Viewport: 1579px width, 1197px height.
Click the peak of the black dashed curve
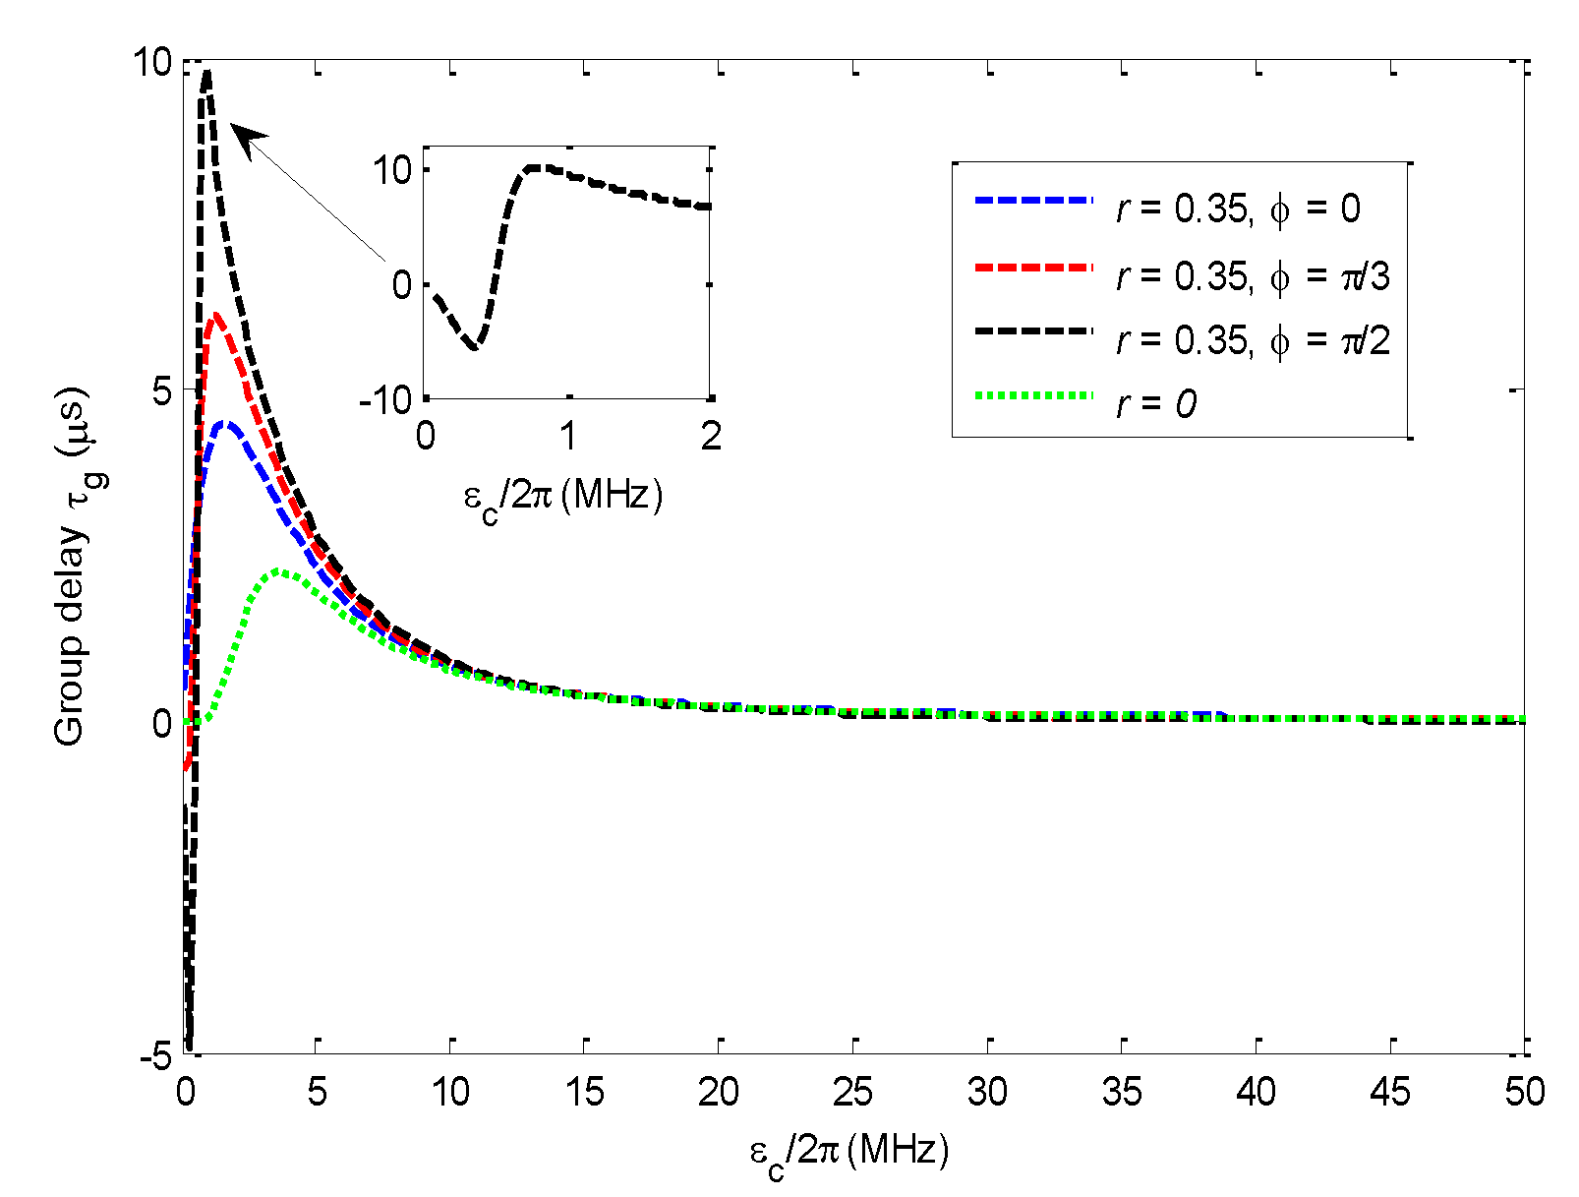[x=206, y=71]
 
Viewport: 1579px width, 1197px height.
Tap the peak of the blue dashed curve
[x=225, y=423]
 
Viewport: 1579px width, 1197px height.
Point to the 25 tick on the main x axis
[x=852, y=1092]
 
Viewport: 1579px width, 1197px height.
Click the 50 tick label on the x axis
[x=1524, y=1092]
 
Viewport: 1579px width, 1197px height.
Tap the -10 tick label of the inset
[x=385, y=399]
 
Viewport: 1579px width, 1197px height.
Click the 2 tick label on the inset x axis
[x=711, y=436]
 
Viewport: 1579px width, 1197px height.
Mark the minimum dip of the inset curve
[x=474, y=347]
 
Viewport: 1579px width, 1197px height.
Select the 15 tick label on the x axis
[x=584, y=1092]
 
